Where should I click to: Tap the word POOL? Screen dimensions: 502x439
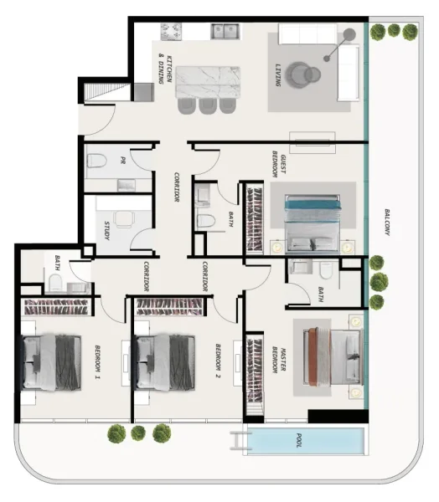tap(297, 440)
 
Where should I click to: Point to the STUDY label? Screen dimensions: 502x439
tap(106, 232)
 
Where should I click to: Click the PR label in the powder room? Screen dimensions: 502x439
tap(122, 159)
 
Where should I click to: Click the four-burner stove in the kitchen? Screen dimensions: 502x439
tap(172, 32)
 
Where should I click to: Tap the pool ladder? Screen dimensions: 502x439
tap(241, 440)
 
